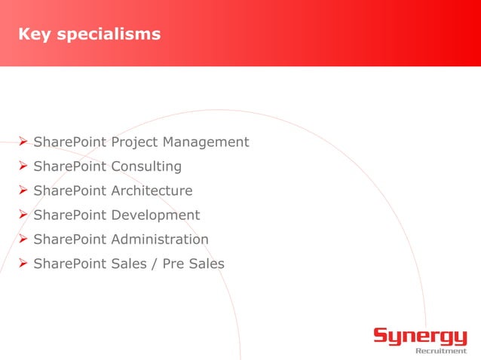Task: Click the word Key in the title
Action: pos(32,35)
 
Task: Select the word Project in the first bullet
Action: pos(135,142)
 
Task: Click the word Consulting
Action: pos(146,166)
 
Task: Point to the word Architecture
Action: pos(152,191)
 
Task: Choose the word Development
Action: pos(155,215)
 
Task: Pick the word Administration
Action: pos(160,239)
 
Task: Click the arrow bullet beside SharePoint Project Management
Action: pos(23,142)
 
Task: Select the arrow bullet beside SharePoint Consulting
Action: pos(23,166)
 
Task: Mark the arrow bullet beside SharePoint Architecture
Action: pos(23,191)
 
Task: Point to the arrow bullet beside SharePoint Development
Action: pos(23,215)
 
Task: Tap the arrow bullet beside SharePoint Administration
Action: pos(23,239)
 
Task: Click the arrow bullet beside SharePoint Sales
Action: pos(23,264)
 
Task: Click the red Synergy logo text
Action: pos(420,336)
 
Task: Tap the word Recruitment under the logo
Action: pos(441,350)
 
